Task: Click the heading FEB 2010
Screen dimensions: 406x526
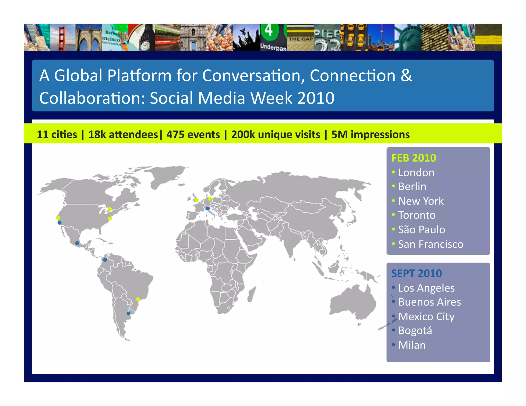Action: tap(414, 158)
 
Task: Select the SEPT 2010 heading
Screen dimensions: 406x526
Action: tap(416, 274)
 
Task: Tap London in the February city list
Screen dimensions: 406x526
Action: tap(416, 173)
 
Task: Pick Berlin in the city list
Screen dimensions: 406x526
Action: tap(412, 187)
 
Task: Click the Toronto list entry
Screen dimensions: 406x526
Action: tap(417, 215)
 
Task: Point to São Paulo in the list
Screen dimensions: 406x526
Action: tap(421, 230)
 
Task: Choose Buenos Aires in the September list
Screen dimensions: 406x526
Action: tap(429, 302)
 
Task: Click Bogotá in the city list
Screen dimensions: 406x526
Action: tap(415, 331)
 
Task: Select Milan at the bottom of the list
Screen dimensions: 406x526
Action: tap(412, 345)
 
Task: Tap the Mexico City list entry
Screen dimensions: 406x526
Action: tap(426, 317)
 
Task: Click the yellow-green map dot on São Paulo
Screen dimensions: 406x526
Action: tap(138, 299)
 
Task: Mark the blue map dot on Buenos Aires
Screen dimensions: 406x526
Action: tap(128, 313)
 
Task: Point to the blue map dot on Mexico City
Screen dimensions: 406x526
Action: tap(77, 243)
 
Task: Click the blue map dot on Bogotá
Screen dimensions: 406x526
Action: tap(105, 260)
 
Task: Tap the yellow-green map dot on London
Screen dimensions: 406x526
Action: tap(196, 200)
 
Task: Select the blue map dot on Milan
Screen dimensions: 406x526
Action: tap(208, 208)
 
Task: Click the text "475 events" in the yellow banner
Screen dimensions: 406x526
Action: tap(193, 134)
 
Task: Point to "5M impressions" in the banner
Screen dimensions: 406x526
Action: tap(370, 134)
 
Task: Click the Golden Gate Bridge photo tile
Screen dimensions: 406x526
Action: tap(63, 37)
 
